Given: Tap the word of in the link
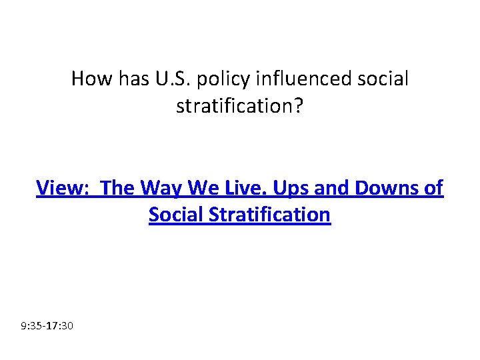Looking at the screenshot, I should (x=432, y=189).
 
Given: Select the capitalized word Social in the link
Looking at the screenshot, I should (x=177, y=215).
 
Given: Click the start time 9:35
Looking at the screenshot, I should (x=32, y=327).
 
